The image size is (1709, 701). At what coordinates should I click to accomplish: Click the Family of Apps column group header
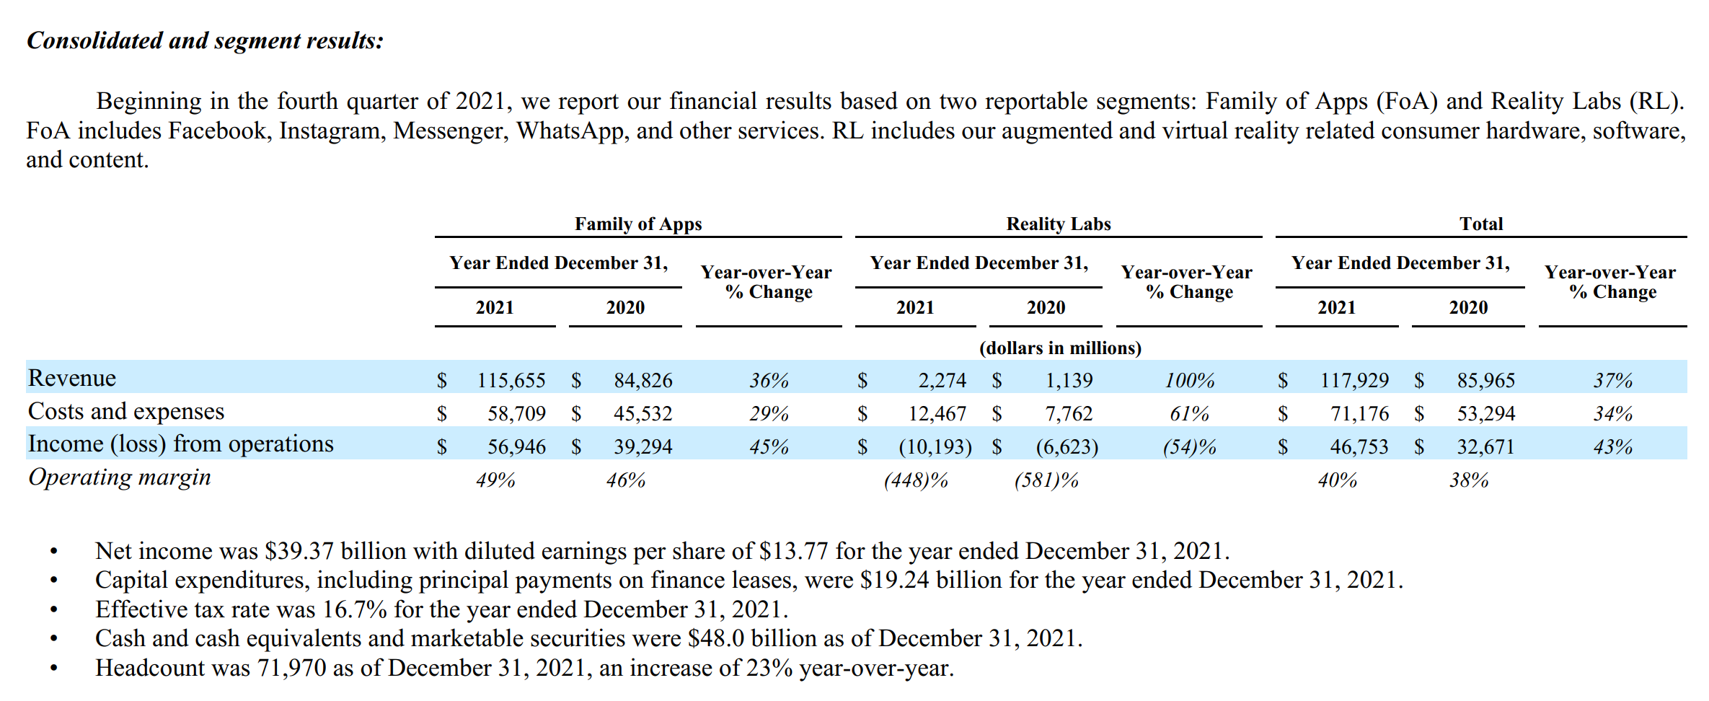coord(638,224)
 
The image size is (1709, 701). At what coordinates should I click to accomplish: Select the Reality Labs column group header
coord(1058,224)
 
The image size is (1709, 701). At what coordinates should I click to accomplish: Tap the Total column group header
coord(1481,224)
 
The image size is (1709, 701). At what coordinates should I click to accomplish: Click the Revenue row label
coord(72,379)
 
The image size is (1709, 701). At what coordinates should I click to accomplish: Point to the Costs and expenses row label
coord(126,412)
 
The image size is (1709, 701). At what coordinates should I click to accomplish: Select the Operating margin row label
coord(120,477)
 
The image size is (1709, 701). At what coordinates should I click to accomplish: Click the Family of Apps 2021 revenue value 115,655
coord(511,380)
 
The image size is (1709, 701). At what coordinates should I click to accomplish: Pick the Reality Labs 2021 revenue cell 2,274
coord(942,380)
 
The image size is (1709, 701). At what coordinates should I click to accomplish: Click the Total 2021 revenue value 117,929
coord(1354,380)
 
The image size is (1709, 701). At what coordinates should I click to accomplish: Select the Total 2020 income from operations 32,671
coord(1485,447)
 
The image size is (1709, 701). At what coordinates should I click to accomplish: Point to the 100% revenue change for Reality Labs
coord(1190,380)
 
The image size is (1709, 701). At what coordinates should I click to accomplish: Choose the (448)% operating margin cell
coord(916,480)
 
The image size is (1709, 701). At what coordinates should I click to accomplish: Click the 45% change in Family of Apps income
coord(769,447)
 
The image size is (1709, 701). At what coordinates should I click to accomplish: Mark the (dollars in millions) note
coord(1060,348)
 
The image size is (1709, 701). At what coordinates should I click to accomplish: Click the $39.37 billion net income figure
coord(299,552)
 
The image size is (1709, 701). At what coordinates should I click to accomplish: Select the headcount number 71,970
coord(292,669)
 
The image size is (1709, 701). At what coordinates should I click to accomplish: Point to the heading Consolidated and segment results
coord(205,41)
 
